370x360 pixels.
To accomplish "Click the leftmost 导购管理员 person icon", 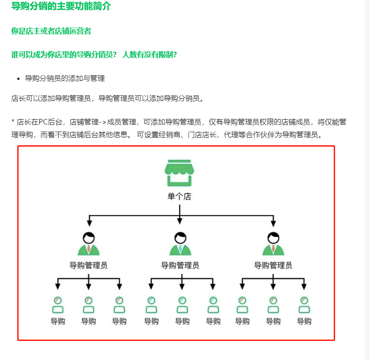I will (x=89, y=244).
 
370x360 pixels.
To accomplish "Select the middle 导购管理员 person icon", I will (x=180, y=244).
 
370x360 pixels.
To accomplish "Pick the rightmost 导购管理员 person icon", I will (x=273, y=244).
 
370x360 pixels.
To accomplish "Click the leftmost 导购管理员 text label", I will (x=88, y=265).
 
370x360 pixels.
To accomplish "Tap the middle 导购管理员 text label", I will (x=180, y=265).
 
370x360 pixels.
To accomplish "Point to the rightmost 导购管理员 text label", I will (x=273, y=265).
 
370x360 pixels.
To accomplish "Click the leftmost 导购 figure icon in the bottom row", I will (x=58, y=305).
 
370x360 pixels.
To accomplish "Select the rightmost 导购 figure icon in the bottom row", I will (x=304, y=305).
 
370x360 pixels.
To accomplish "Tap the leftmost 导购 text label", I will (x=58, y=321).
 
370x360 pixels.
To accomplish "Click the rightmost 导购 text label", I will (x=304, y=321).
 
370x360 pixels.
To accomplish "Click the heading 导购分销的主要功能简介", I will (x=61, y=7).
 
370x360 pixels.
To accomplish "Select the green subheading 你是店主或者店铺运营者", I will (x=51, y=31).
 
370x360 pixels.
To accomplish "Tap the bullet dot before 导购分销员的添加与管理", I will (x=19, y=79).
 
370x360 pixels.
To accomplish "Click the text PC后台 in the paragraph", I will (x=48, y=122).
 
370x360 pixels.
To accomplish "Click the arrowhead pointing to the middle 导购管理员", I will (x=180, y=221).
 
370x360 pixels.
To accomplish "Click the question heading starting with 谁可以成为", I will (x=94, y=54).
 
